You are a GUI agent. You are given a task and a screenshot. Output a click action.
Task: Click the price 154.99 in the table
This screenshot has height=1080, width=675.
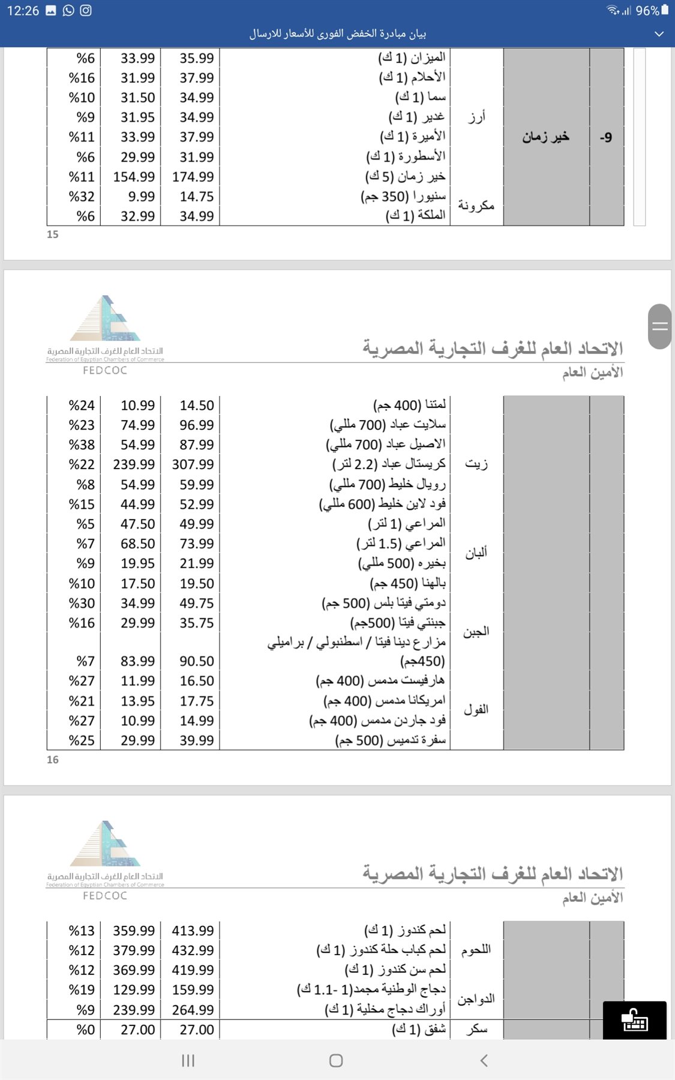pos(134,177)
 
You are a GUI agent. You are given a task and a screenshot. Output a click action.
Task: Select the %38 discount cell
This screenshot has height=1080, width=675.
pos(82,445)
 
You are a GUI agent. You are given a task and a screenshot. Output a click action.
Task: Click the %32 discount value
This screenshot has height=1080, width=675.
pos(82,197)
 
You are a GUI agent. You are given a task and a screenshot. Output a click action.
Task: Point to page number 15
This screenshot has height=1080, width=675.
pos(53,235)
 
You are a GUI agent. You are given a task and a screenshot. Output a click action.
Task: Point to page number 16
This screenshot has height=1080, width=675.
pos(53,760)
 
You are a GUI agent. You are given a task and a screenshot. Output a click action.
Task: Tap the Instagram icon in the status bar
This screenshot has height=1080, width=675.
pos(86,10)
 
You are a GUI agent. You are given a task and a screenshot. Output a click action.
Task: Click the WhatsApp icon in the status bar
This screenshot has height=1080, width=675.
pos(68,10)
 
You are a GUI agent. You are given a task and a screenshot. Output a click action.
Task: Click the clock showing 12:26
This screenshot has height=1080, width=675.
pos(23,10)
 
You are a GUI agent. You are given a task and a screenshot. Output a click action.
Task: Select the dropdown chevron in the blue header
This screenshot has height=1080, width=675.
pos(659,34)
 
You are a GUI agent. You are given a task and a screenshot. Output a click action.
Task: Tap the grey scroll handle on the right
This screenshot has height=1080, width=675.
pos(659,326)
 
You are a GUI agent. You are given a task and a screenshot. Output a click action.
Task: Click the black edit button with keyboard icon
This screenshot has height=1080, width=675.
pos(634,1019)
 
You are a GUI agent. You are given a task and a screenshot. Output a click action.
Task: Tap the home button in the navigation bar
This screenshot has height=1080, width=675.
pos(336,1060)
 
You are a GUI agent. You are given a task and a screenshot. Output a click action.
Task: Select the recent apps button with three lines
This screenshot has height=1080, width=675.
pos(188,1060)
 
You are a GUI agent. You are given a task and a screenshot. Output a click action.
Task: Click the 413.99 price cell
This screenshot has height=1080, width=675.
pos(193,931)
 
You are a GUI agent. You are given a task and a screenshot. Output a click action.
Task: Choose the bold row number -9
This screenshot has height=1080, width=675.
pos(606,137)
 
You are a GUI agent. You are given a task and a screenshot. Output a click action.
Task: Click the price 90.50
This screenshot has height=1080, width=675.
pos(197,661)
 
